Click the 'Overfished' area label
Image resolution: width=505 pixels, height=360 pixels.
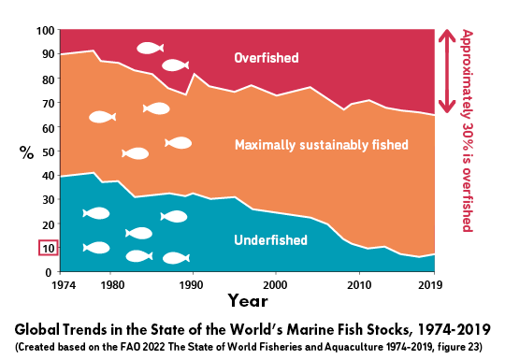(267, 58)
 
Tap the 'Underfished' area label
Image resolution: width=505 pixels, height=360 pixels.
(270, 240)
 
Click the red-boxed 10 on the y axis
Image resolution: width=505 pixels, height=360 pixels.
(49, 248)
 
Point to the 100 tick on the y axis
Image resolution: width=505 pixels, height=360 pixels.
(45, 31)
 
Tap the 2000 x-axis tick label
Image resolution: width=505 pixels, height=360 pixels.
(275, 283)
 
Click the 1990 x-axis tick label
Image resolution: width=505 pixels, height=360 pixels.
(192, 283)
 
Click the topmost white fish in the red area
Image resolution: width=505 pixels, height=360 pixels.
(150, 48)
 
